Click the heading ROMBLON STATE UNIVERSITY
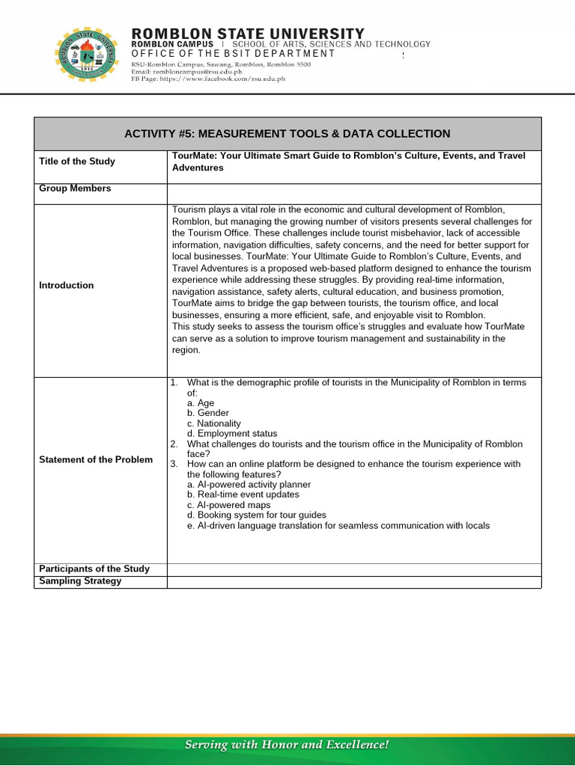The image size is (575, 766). (248, 34)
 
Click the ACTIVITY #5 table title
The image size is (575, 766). (287, 134)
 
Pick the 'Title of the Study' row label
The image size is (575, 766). (77, 162)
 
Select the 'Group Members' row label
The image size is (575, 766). (75, 189)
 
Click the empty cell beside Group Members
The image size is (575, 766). (353, 193)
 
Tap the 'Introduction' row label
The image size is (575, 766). (67, 285)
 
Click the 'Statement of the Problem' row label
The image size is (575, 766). (96, 459)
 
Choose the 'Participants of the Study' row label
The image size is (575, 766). (94, 569)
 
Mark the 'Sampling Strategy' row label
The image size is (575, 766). (80, 581)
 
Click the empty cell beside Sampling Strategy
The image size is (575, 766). (353, 582)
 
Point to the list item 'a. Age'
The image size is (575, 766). (201, 403)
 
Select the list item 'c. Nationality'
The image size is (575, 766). (214, 423)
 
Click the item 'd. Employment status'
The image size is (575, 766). (232, 434)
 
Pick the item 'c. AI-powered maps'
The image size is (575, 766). (223, 505)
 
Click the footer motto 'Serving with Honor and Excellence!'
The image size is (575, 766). (287, 745)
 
